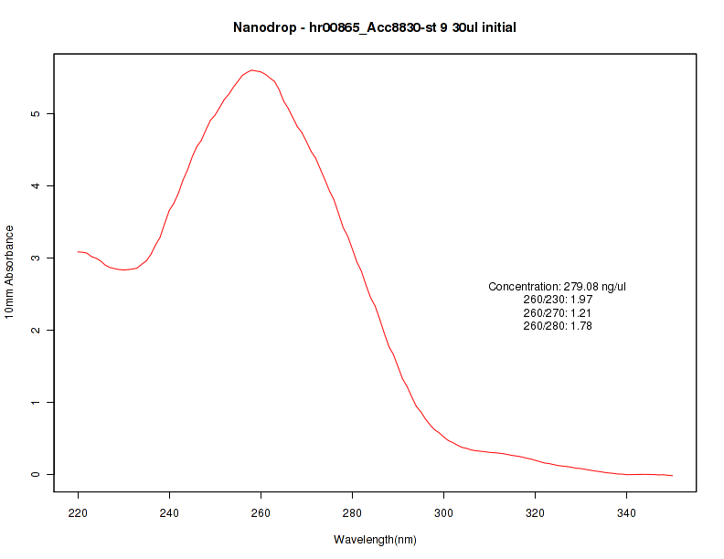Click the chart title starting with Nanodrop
[375, 28]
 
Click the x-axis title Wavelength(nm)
[375, 540]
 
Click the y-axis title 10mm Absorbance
[10, 271]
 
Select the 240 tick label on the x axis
[170, 512]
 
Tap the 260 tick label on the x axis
[261, 512]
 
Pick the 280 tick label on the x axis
[353, 512]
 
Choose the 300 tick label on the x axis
[444, 512]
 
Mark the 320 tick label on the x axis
[536, 512]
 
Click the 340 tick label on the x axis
[627, 512]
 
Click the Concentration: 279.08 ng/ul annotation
[558, 287]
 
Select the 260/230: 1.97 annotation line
[558, 300]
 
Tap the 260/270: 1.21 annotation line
[558, 312]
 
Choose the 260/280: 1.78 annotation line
[558, 326]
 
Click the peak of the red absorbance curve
[252, 69]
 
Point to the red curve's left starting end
[79, 251]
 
